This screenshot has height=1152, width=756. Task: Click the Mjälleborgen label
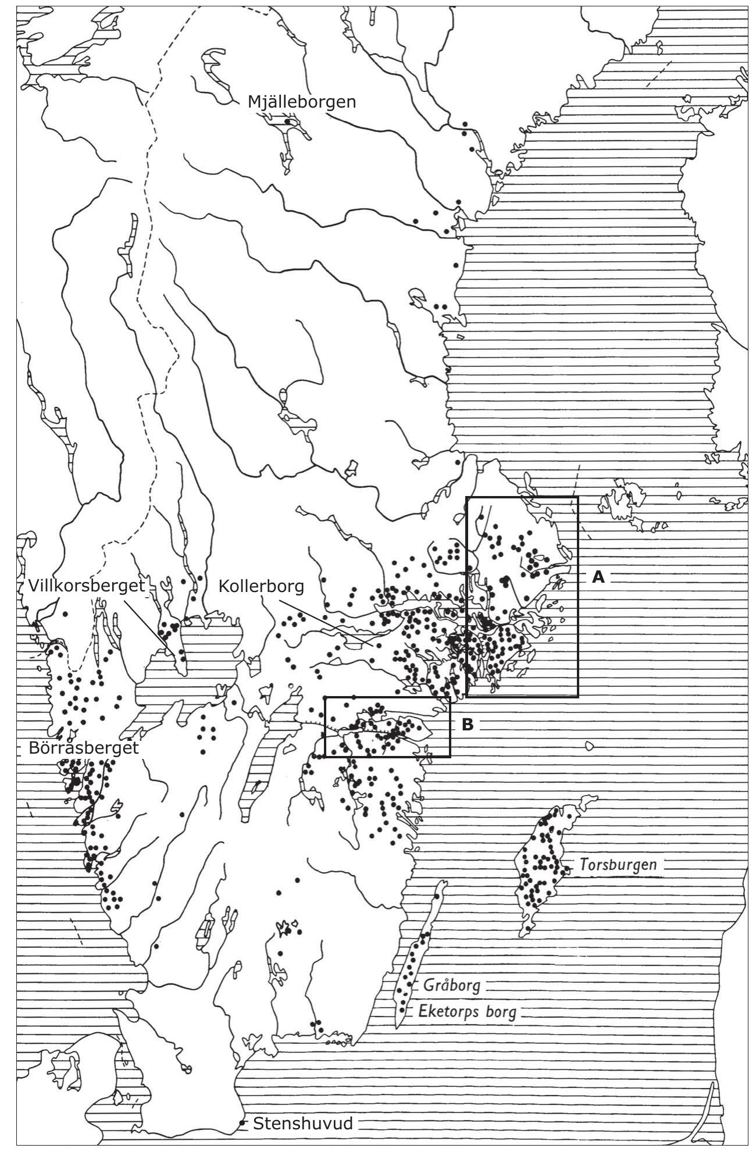coord(301,102)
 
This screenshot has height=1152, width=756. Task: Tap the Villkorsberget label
coord(86,586)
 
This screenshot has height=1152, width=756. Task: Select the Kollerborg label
coord(261,586)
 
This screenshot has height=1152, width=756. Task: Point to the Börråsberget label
coord(84,748)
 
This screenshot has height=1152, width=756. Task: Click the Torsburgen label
coord(618,865)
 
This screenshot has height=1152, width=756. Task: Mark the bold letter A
coord(598,577)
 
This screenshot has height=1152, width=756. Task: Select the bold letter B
coord(468,725)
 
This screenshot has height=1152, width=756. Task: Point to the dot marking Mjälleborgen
coord(288,122)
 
